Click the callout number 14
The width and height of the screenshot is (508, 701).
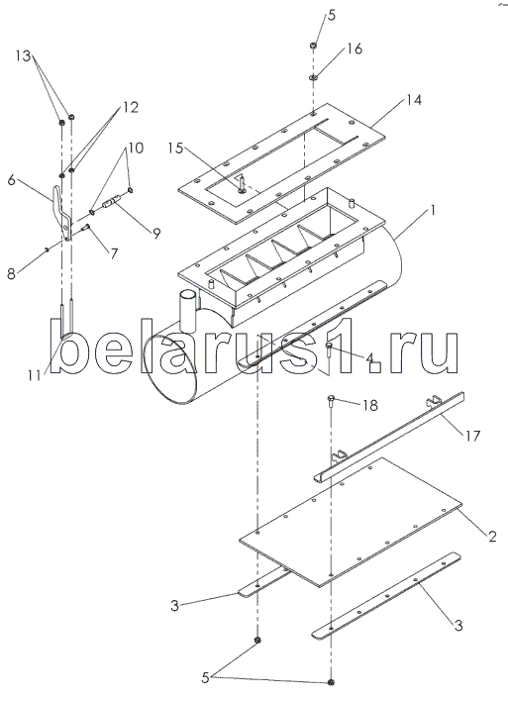coord(414,100)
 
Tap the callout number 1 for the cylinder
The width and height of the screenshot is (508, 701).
coord(432,210)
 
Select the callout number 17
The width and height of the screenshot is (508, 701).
coord(472,435)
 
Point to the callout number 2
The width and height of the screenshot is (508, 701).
coord(492,536)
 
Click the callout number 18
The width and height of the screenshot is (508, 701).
coord(370,405)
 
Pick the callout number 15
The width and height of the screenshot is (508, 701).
coord(176,148)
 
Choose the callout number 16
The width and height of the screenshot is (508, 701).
coord(355,49)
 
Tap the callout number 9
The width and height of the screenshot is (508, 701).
coord(156,233)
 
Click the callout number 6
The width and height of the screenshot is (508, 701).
coord(12,180)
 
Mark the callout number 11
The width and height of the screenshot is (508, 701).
coord(34,375)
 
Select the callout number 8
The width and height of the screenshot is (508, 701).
coord(12,273)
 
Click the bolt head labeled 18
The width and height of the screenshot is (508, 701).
coord(332,400)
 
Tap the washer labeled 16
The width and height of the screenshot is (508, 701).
coord(313,78)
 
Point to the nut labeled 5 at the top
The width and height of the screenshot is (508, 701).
coord(314,46)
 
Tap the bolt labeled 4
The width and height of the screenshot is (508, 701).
coord(330,350)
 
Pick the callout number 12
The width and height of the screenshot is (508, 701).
coord(131,107)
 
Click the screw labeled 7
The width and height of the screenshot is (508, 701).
coord(85,228)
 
